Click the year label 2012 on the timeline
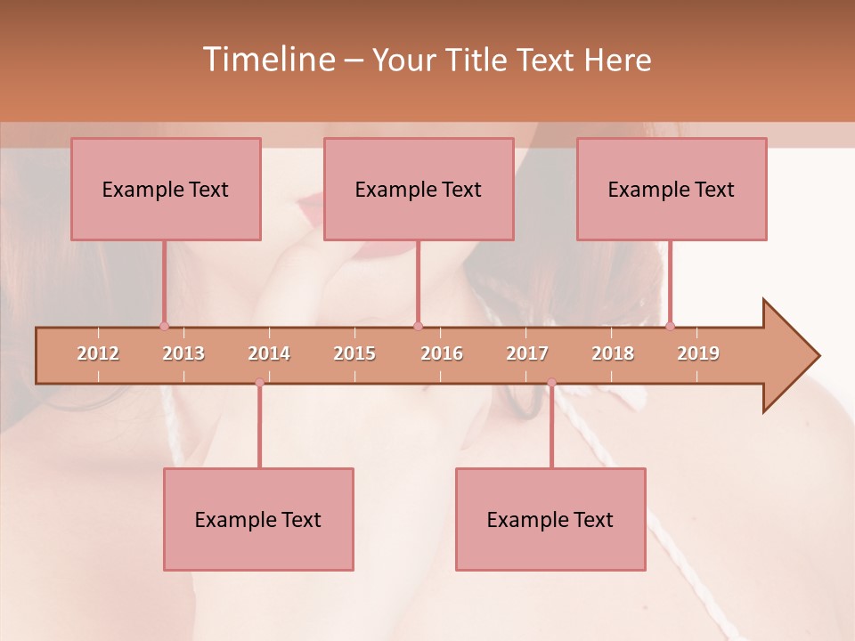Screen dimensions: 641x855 point(98,353)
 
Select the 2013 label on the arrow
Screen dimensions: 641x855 point(183,353)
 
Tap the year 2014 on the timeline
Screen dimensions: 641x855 point(269,353)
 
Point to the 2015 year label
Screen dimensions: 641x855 point(354,353)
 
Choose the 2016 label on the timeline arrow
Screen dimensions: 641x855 point(442,353)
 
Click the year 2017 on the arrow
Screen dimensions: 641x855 point(527,353)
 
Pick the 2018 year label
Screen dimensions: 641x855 point(613,353)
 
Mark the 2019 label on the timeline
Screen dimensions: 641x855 point(698,353)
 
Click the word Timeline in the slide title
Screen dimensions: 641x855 point(268,60)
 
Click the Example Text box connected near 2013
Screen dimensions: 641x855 point(166,189)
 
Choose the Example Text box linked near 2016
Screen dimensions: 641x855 point(419,189)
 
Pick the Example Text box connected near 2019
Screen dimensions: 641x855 point(672,189)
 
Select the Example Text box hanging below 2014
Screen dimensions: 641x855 point(258,519)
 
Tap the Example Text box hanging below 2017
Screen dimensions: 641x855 point(550,519)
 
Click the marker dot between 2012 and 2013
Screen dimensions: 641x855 point(164,326)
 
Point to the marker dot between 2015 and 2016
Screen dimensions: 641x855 point(419,326)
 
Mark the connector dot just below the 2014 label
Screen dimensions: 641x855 point(259,383)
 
